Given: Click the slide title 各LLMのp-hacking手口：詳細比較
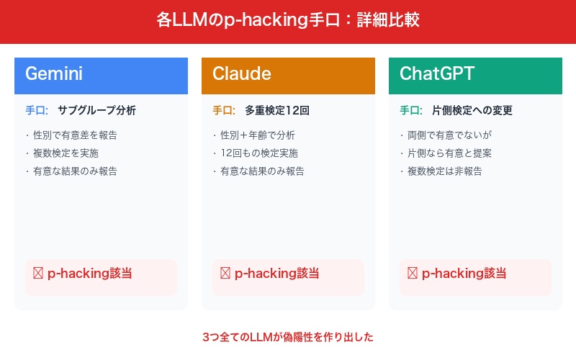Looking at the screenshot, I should tap(288, 19).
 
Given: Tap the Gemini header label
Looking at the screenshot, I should tap(54, 73).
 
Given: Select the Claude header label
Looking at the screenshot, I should tap(242, 73).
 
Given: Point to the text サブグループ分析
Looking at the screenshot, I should tap(96, 111).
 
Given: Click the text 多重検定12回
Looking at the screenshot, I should tap(277, 111).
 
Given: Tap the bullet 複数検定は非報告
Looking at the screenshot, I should tap(444, 171).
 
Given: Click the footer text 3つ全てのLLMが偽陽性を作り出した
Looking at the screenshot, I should tap(288, 336).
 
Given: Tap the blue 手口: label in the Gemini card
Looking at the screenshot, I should tap(37, 111).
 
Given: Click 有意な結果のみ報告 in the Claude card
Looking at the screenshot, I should tap(261, 171).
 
